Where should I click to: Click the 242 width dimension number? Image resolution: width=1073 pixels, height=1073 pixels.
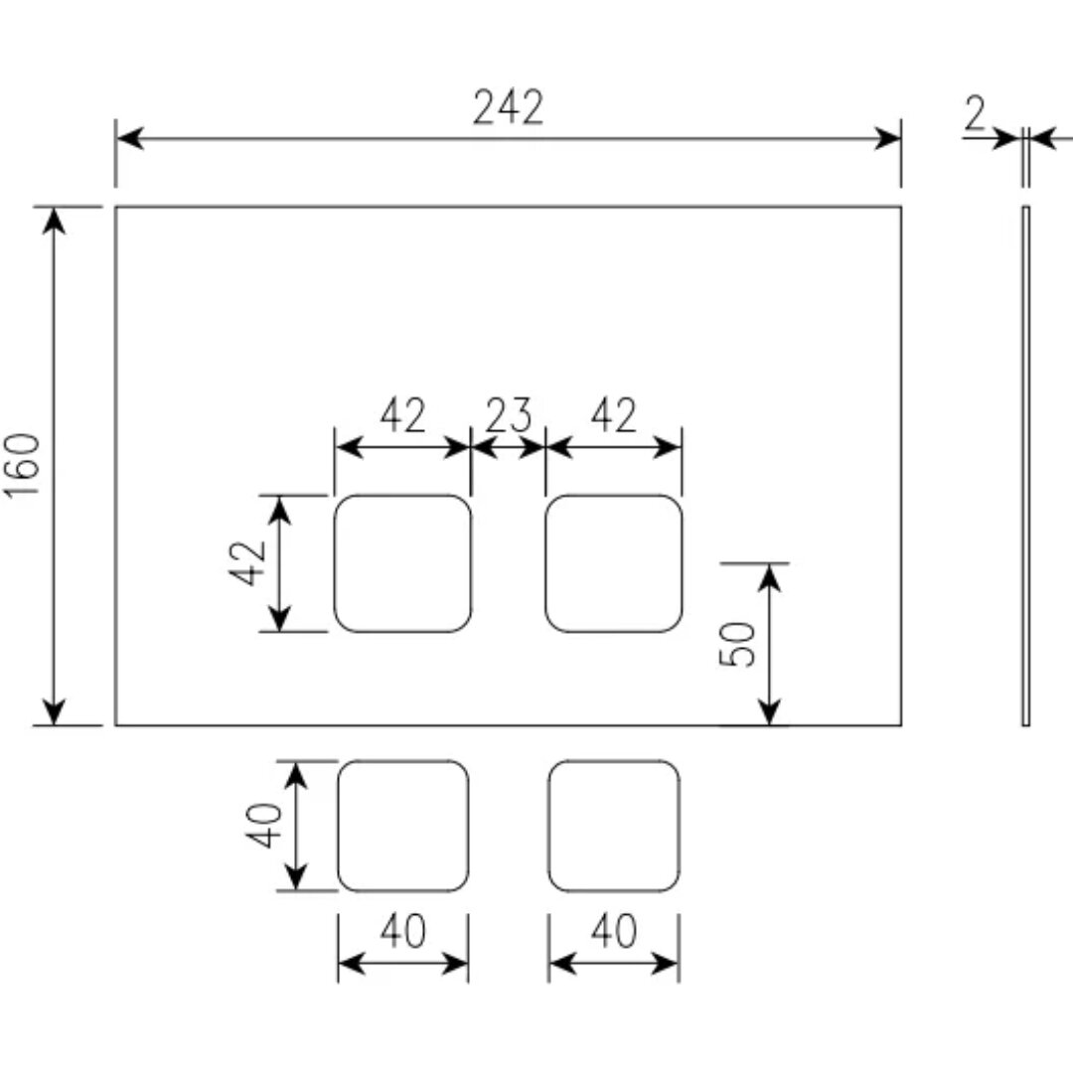click(x=509, y=107)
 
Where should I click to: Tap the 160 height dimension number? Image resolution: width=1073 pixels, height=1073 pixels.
click(x=23, y=466)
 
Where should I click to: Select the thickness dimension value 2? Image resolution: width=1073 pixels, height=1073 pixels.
click(x=976, y=113)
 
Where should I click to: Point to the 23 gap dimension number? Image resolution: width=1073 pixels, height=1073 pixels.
click(x=509, y=414)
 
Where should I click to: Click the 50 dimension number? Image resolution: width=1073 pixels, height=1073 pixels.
click(x=737, y=643)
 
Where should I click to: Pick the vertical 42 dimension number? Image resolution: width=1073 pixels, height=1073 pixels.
click(x=247, y=563)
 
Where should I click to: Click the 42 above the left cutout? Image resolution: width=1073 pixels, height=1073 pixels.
click(x=403, y=414)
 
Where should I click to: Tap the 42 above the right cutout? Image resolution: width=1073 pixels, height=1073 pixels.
click(x=614, y=414)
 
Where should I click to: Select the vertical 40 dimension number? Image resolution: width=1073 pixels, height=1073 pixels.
click(x=264, y=826)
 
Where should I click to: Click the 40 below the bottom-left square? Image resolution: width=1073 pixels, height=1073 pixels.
click(x=403, y=931)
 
